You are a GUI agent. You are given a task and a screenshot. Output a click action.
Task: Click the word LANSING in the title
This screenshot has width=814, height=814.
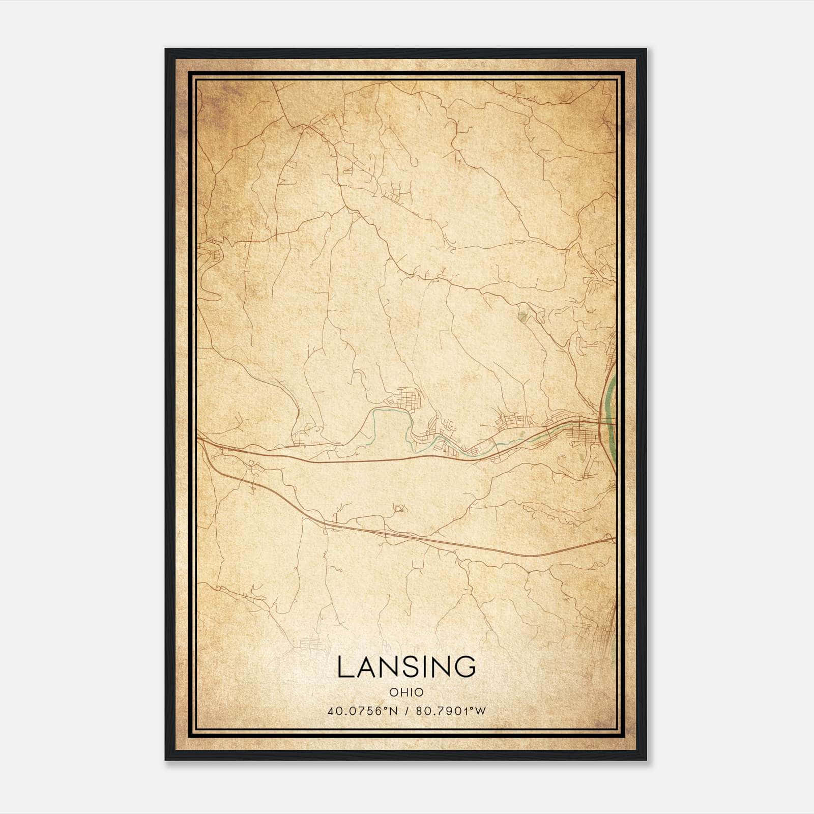tap(406, 666)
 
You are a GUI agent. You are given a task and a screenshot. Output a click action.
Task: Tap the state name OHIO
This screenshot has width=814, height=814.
tap(406, 692)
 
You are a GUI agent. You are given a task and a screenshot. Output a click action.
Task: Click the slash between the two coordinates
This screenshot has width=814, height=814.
tap(408, 711)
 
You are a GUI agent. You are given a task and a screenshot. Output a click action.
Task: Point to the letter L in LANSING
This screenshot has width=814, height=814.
tap(343, 666)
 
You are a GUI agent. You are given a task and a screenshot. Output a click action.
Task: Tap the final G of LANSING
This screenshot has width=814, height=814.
tap(466, 666)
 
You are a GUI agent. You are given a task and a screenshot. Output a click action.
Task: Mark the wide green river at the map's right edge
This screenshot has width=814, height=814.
tap(609, 402)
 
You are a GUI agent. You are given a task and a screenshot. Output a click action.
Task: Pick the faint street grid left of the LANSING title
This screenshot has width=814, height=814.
tap(311, 644)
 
